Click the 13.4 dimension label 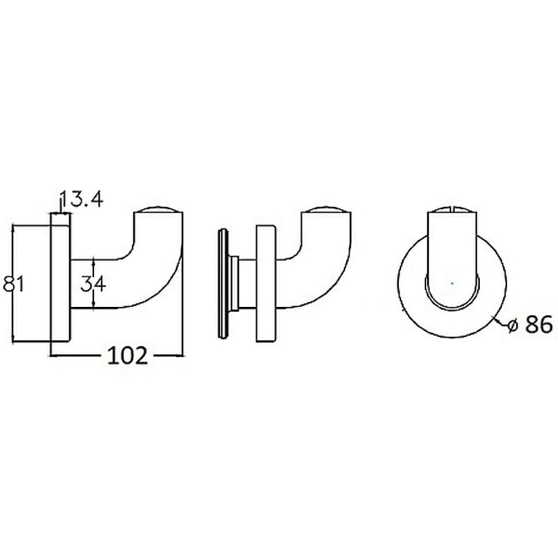point(82,199)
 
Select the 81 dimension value point(13,285)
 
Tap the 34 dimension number point(93,284)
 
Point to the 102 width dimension point(128,355)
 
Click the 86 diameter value point(538,324)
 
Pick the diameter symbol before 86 point(513,325)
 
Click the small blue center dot point(452,283)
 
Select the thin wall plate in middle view point(223,283)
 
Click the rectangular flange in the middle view point(266,283)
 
